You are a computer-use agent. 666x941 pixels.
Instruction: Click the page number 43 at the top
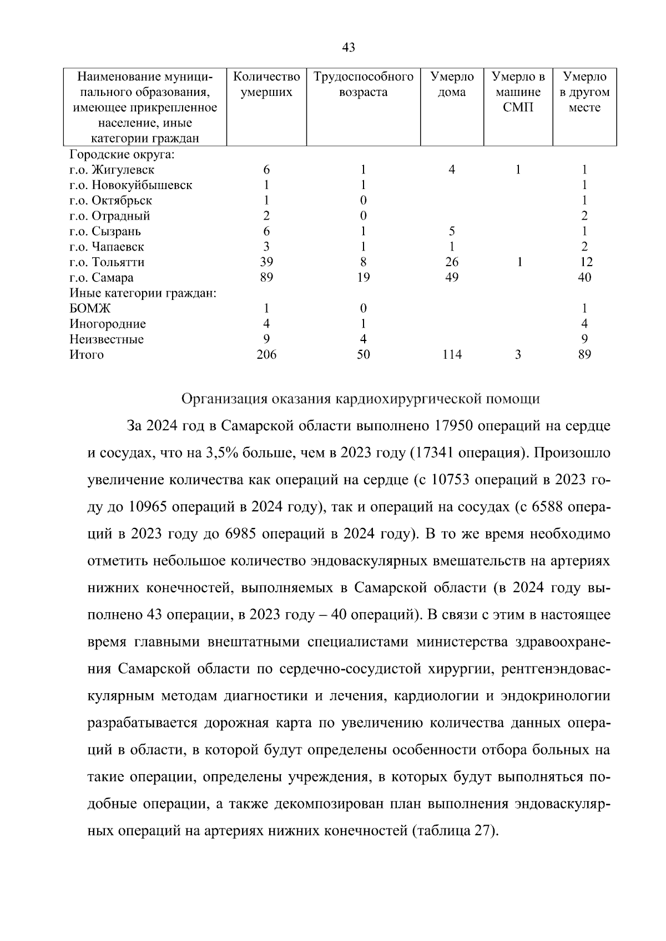click(x=348, y=48)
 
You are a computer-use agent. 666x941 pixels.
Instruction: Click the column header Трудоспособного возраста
click(x=364, y=84)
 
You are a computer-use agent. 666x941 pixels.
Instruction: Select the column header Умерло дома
click(x=452, y=84)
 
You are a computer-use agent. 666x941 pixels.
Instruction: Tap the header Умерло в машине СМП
click(x=518, y=92)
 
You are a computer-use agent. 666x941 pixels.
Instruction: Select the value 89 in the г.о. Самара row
click(x=266, y=278)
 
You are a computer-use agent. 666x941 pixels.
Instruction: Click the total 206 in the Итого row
click(x=266, y=355)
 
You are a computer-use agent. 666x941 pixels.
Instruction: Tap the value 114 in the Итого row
click(x=452, y=355)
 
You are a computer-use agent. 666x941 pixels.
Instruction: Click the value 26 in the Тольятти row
click(x=452, y=262)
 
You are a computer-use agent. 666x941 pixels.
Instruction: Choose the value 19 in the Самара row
click(x=364, y=278)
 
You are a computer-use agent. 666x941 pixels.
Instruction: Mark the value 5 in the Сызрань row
click(x=452, y=231)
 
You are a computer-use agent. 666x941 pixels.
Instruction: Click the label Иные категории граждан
click(x=143, y=293)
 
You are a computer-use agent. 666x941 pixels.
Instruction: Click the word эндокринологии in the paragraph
click(x=556, y=696)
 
